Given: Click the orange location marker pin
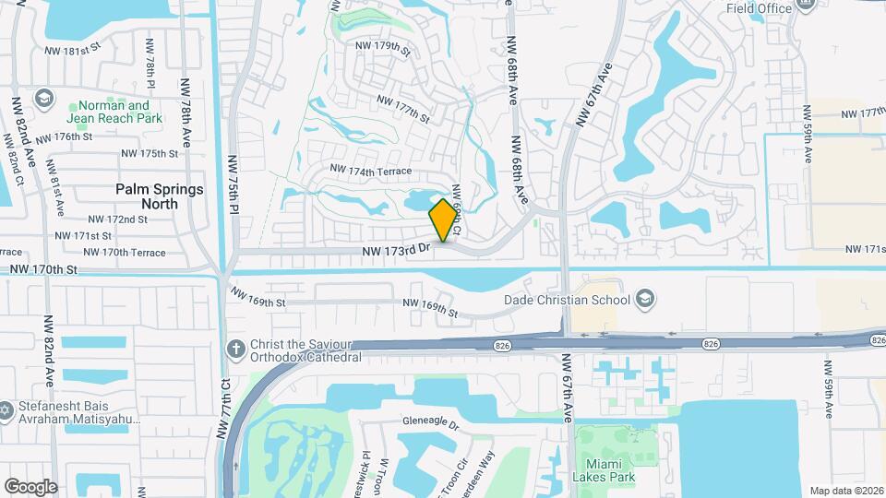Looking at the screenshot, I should [443, 220].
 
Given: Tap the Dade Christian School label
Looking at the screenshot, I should [567, 299].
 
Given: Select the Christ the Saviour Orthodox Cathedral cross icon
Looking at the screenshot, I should [235, 349].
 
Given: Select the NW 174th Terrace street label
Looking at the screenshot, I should [370, 172].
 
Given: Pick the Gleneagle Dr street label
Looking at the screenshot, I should [430, 423].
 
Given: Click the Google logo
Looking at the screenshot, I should [30, 487].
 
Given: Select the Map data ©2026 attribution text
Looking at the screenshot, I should [845, 491].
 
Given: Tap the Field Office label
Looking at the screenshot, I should [759, 8].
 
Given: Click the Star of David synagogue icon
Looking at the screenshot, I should [6, 408].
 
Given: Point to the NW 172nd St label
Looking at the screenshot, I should [118, 219].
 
